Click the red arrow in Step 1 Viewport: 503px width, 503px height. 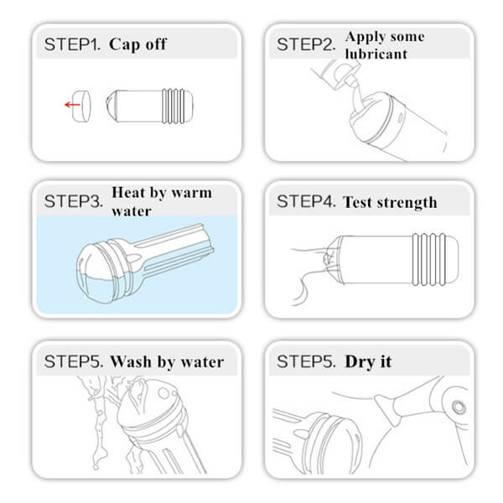pos(72,105)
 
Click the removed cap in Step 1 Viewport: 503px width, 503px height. pos(81,106)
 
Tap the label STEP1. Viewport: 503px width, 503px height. pos(72,44)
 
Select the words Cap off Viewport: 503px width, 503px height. pos(138,44)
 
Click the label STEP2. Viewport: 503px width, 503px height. pos(306,44)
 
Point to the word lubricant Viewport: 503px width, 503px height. pos(376,54)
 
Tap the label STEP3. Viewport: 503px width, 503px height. pos(74,201)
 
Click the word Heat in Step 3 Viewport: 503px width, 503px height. pos(128,193)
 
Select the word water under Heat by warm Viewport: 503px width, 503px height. pos(132,211)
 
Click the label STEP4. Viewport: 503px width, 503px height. pos(306,201)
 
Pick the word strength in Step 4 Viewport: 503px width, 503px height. pos(407,202)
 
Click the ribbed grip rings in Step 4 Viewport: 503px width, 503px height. pos(429,260)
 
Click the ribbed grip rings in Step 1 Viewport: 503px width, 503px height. pos(174,106)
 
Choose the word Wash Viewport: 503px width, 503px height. pos(131,362)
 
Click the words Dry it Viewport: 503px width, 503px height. pos(368,362)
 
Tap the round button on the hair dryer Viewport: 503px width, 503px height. pos(459,407)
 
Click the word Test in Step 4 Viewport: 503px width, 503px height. pos(358,202)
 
